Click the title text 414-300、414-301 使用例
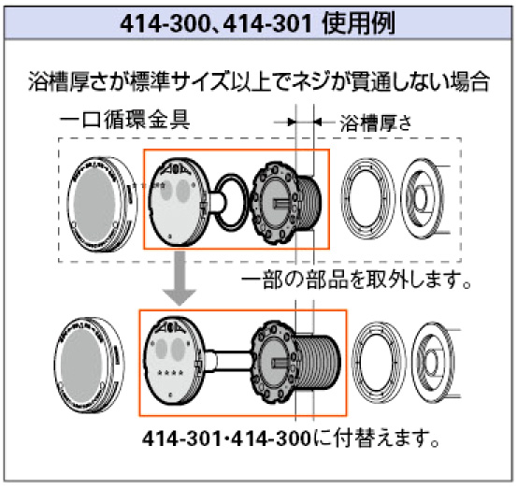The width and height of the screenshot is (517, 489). (257, 23)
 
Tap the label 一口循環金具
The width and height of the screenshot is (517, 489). (124, 120)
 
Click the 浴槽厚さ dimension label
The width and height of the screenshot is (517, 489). (376, 122)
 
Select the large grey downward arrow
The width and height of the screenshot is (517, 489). (180, 278)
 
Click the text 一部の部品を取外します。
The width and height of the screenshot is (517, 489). (356, 280)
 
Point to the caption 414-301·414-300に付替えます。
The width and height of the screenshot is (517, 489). (291, 439)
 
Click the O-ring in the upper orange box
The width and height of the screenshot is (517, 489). (232, 202)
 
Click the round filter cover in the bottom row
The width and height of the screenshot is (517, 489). (90, 365)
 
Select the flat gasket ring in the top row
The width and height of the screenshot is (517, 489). (368, 198)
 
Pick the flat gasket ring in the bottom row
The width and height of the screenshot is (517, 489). (380, 362)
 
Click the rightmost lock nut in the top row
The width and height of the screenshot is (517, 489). (423, 198)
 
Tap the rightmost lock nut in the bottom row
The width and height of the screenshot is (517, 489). (434, 362)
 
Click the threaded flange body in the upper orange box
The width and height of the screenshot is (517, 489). (285, 203)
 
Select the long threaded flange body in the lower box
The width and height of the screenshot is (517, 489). (295, 362)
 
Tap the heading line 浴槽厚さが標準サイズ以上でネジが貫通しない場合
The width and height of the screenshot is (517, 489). (259, 81)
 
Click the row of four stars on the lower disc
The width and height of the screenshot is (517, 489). (170, 373)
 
